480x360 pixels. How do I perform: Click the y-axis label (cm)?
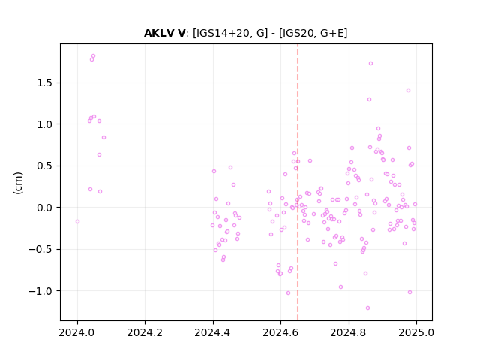[x=18, y=183]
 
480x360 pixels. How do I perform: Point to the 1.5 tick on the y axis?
[x=45, y=83]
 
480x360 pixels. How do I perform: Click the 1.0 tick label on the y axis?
[x=45, y=124]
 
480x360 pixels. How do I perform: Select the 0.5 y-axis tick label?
[x=45, y=166]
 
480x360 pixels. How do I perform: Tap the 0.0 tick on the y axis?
[x=45, y=208]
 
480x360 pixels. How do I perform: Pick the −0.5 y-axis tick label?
[x=41, y=250]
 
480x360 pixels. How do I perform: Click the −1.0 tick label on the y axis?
[x=41, y=291]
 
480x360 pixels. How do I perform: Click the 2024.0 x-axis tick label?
[x=77, y=332]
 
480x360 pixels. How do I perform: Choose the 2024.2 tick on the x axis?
[x=145, y=332]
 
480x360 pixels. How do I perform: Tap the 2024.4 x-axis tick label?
[x=213, y=332]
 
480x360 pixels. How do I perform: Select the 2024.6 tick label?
[x=280, y=332]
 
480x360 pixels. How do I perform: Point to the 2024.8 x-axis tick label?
[x=348, y=332]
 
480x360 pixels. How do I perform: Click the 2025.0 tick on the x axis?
[x=416, y=332]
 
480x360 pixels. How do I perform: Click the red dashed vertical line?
[x=298, y=182]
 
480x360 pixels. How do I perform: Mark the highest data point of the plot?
[x=93, y=56]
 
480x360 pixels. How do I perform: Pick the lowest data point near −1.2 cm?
[x=367, y=308]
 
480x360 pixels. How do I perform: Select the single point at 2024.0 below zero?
[x=77, y=222]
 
